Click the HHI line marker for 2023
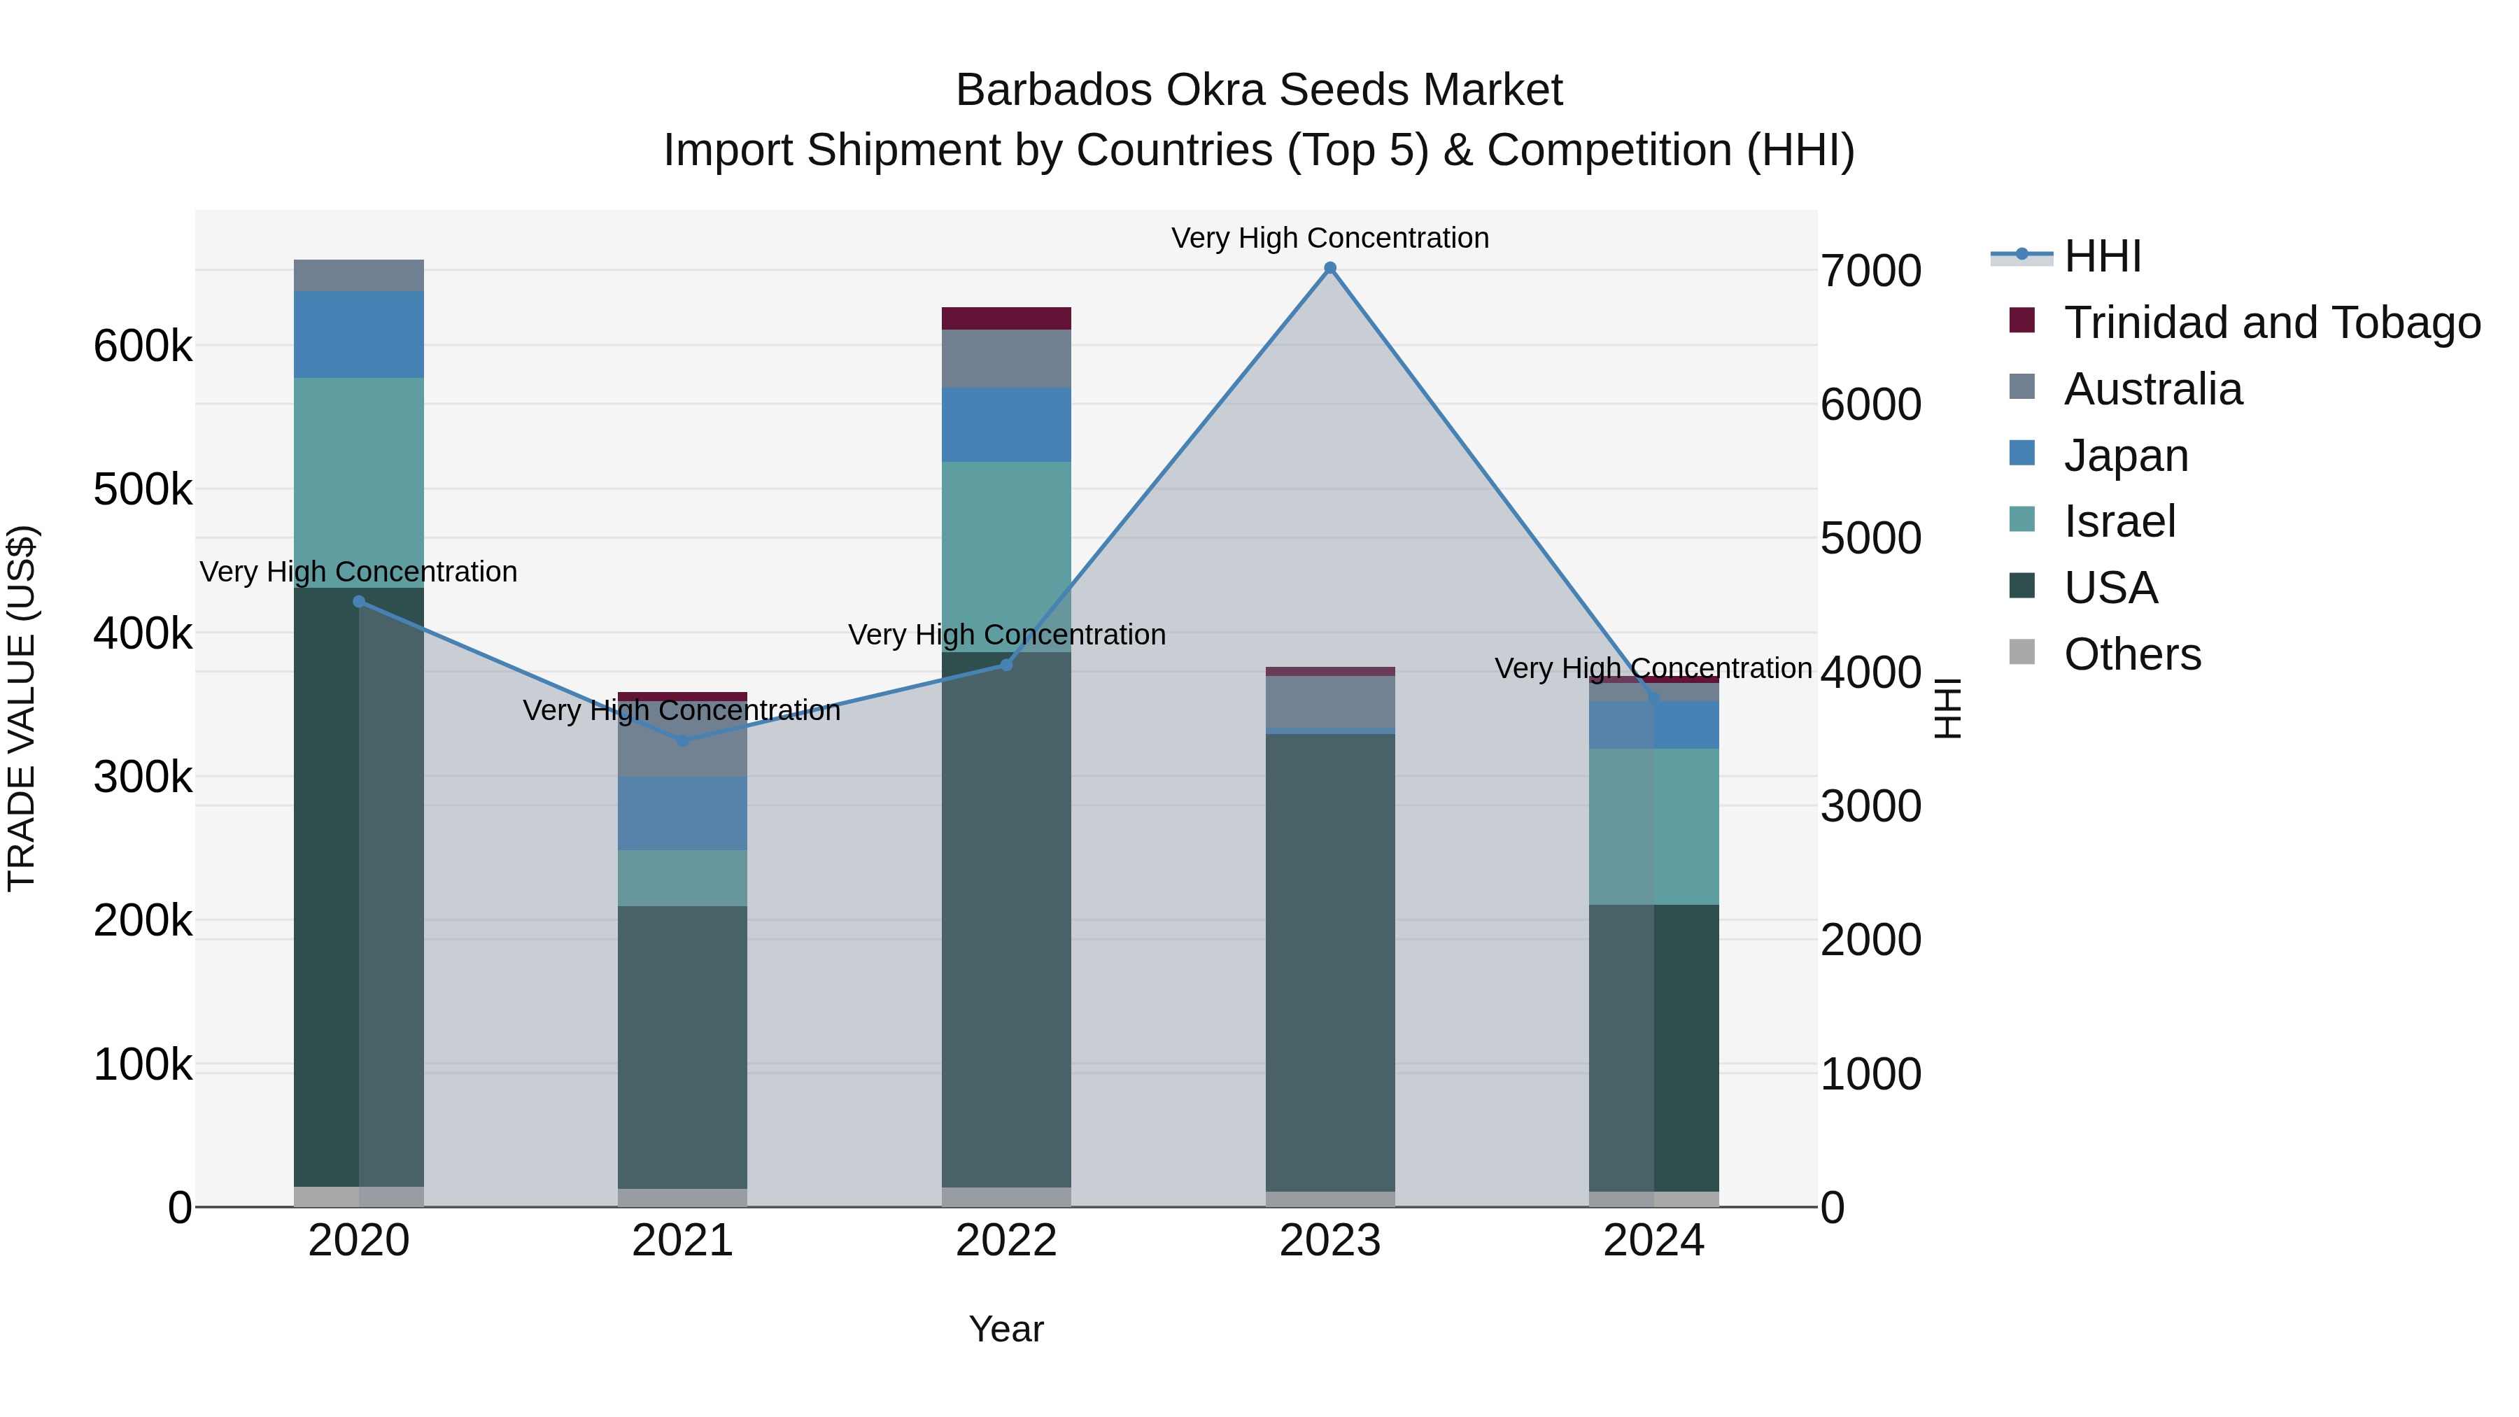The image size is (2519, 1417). tap(1330, 268)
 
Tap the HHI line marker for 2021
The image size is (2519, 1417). tap(682, 740)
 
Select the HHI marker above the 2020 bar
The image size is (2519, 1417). tap(359, 601)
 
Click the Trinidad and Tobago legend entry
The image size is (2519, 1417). tap(2271, 322)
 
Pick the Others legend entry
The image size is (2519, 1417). tap(2132, 654)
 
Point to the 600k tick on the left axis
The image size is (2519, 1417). tap(143, 346)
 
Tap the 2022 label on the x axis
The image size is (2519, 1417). tap(1006, 1241)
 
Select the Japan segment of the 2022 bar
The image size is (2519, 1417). tap(1006, 425)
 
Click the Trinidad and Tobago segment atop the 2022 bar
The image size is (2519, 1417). tap(1006, 318)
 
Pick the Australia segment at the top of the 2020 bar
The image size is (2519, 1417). tap(359, 275)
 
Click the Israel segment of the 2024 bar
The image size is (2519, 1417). tap(1653, 826)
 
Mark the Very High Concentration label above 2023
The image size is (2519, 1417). tap(1330, 238)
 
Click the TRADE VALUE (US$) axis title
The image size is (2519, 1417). tap(22, 708)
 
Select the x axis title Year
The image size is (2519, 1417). tap(1006, 1329)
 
